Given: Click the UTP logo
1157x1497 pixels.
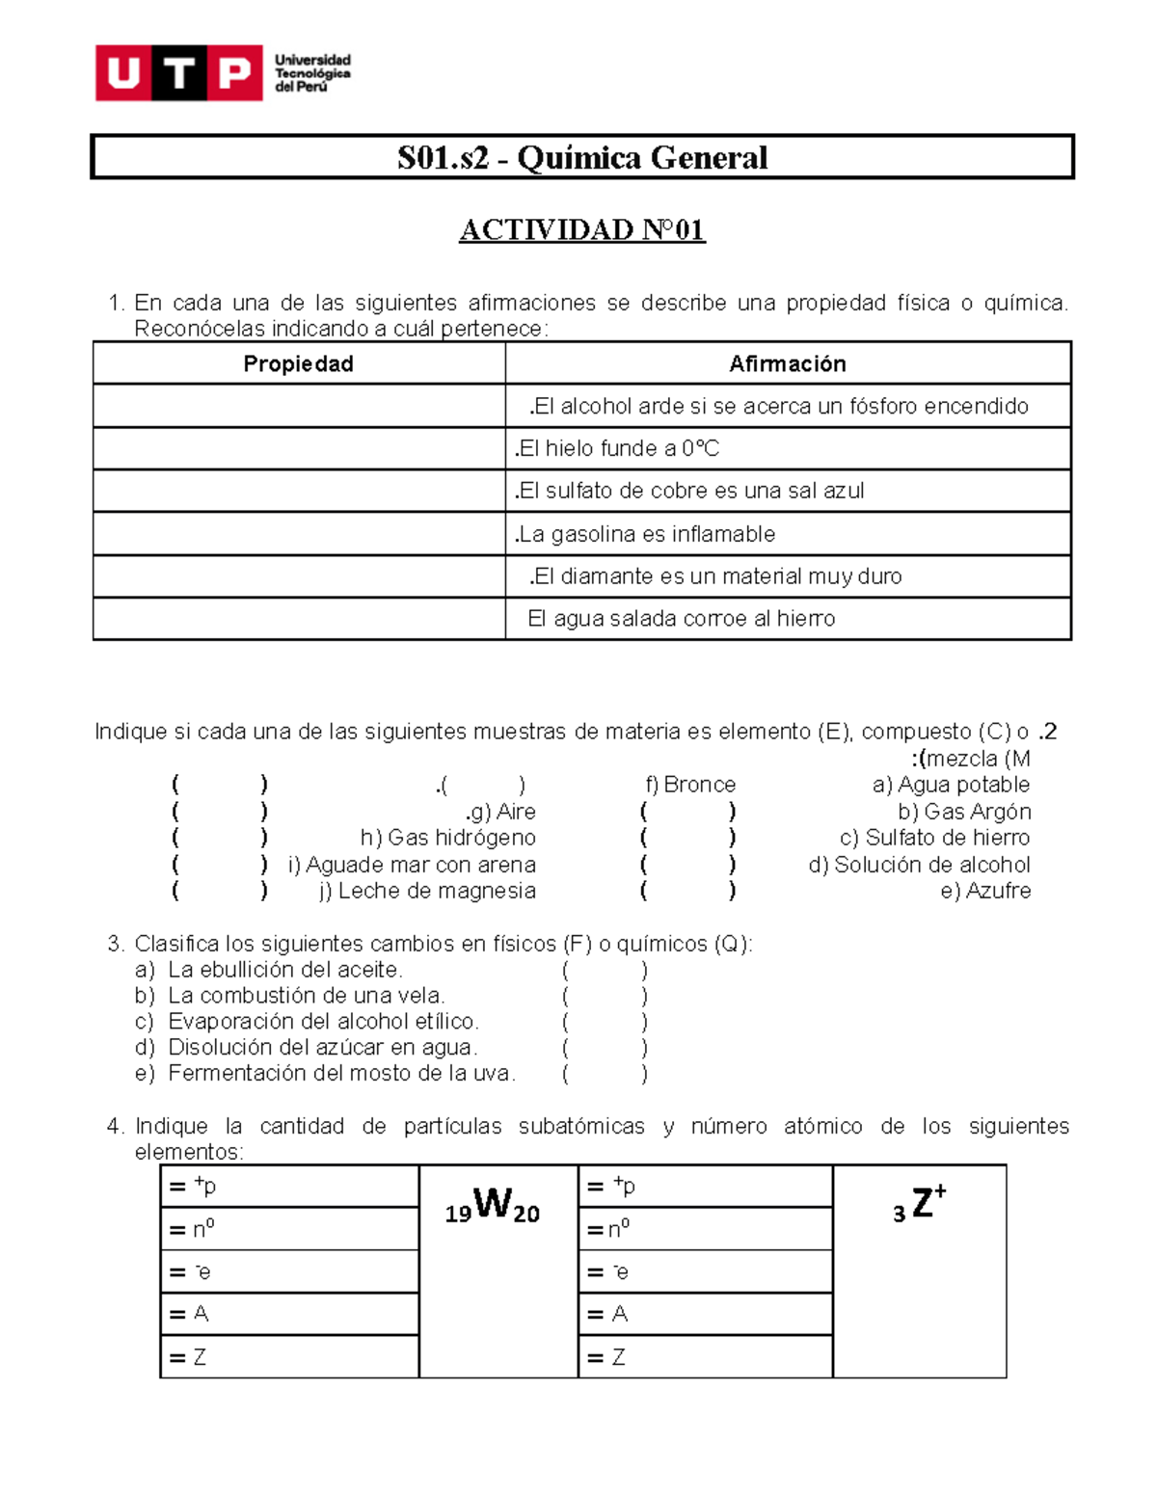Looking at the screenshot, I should coord(179,72).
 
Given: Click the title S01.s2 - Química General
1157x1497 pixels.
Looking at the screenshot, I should coord(581,157).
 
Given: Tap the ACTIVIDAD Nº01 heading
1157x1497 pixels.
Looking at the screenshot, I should coord(581,229).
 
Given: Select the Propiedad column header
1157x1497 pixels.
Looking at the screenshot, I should coord(298,363).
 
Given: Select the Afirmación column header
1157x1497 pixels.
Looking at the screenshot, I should coord(787,363).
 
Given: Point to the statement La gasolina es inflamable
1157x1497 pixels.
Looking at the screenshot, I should coord(645,534).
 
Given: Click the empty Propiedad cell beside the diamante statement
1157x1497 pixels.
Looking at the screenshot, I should coord(299,576).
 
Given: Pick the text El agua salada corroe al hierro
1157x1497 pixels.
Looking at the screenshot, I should coord(681,619).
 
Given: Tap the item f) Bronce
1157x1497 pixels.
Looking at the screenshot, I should coord(689,785).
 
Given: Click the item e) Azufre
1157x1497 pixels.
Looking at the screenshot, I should coord(984,891).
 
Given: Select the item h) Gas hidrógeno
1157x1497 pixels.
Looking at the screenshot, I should coord(447,838).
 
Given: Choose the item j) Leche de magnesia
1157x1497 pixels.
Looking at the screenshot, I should coord(427,891).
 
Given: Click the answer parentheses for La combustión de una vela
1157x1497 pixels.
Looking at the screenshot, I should coord(605,996).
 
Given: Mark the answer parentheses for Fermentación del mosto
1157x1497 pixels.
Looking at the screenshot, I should coord(605,1074).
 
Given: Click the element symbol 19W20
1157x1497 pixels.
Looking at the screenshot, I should coord(493,1206).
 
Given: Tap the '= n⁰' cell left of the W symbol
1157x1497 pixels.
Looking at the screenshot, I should coord(289,1229).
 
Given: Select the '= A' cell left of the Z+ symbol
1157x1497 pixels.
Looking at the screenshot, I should coord(705,1314).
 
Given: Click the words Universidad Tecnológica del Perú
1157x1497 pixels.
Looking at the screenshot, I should coord(312,73).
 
